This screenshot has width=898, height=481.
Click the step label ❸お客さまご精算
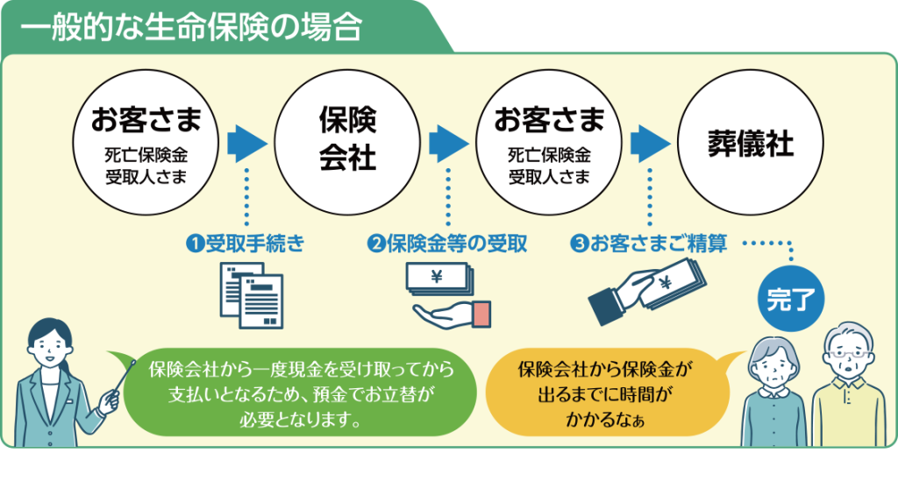coord(648,244)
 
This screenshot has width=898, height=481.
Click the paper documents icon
coord(250,294)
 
